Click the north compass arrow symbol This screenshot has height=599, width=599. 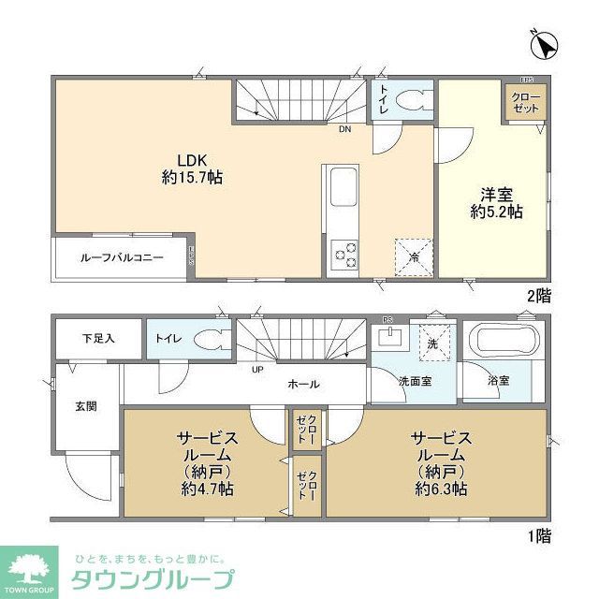(x=546, y=44)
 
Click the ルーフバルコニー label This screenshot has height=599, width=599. (x=122, y=256)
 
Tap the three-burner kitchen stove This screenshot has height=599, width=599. (x=343, y=253)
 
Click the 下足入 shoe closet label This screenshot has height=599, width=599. (x=97, y=338)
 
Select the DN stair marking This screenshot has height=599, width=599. (x=345, y=129)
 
